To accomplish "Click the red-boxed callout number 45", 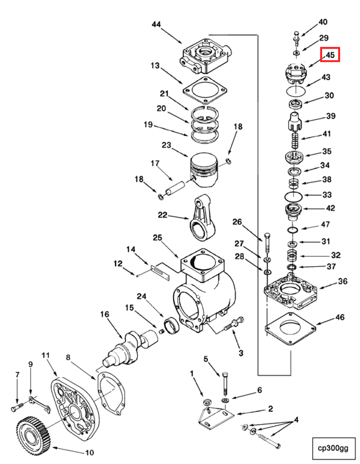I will [x=330, y=55].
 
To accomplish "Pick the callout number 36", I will [x=342, y=281].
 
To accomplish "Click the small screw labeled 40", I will [x=296, y=35].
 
